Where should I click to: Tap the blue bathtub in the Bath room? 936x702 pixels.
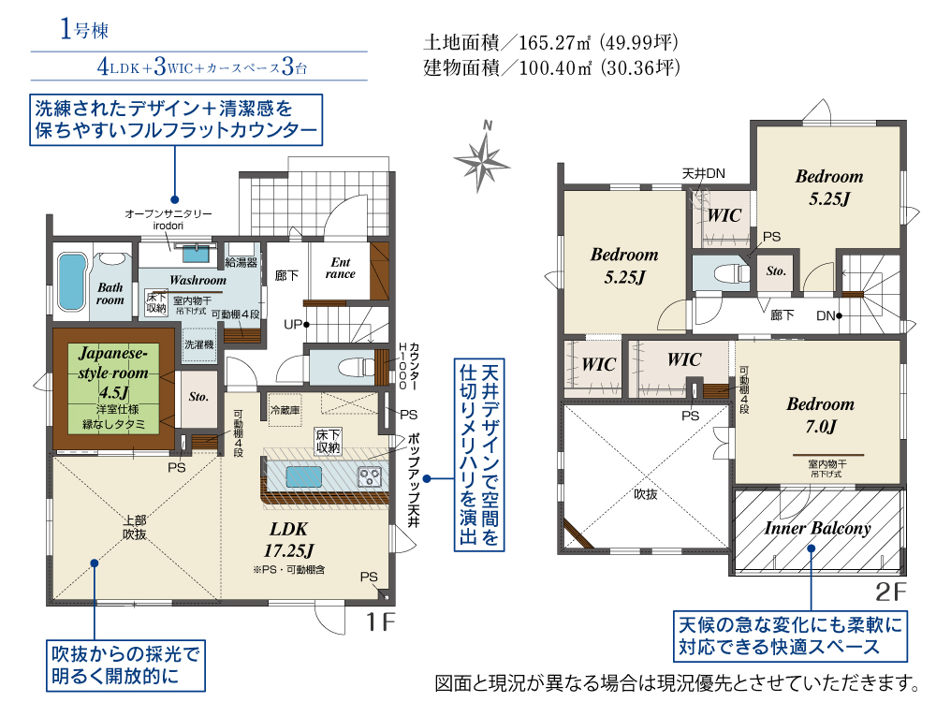(70, 279)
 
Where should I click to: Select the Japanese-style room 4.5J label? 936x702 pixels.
(113, 373)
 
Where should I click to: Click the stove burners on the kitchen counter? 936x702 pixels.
(369, 476)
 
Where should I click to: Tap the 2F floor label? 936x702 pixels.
(890, 592)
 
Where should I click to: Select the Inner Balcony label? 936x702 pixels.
(817, 528)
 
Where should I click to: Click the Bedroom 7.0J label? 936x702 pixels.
(820, 415)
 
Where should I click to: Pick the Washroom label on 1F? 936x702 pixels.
(197, 280)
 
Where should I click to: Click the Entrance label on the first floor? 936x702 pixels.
(340, 268)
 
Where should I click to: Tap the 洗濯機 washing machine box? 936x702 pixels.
(197, 344)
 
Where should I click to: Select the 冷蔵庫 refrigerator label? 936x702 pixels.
(285, 410)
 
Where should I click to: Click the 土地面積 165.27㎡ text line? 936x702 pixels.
(550, 43)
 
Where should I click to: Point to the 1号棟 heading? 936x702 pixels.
(84, 30)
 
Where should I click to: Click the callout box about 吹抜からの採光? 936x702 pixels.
(126, 661)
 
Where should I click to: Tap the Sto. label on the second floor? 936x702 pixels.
(776, 271)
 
